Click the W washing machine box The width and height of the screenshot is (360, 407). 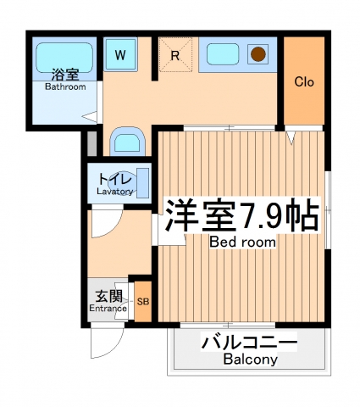click(x=121, y=55)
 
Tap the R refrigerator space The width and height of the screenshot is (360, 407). click(x=174, y=56)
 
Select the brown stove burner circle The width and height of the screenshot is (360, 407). click(x=258, y=55)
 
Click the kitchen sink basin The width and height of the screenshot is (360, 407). click(x=225, y=55)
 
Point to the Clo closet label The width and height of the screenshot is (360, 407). click(x=305, y=82)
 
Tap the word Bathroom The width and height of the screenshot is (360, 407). click(x=65, y=86)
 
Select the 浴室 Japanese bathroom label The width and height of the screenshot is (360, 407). click(x=64, y=74)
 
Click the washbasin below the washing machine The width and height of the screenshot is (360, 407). click(x=129, y=141)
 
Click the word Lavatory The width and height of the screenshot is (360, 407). click(x=114, y=192)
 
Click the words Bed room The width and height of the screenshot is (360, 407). click(x=243, y=242)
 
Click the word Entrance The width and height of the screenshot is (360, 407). click(x=108, y=308)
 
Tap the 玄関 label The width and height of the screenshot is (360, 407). click(x=108, y=296)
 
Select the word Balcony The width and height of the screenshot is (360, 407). click(x=251, y=360)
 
